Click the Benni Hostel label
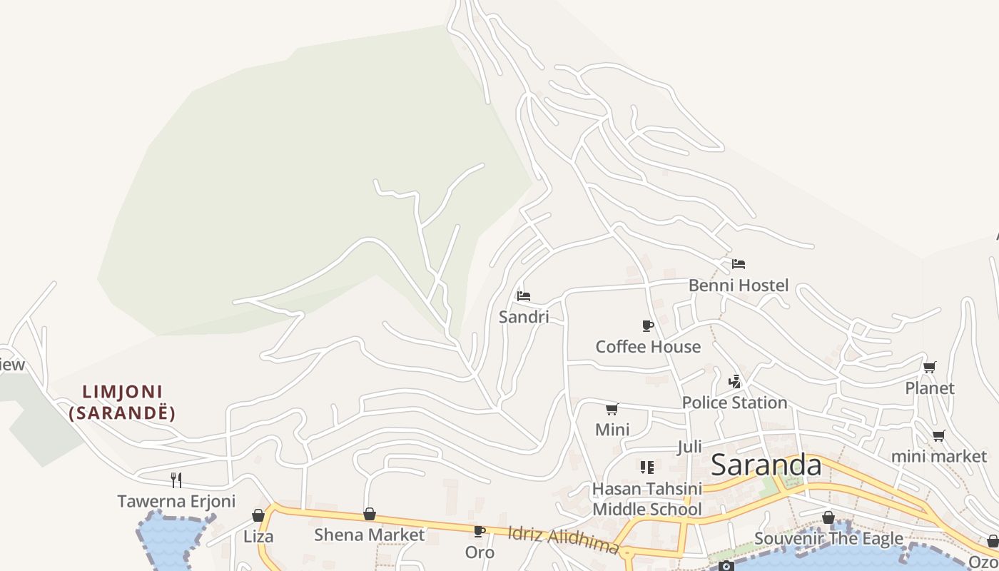tap(739, 285)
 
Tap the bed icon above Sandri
tap(524, 296)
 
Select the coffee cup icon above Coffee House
tap(648, 326)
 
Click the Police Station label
tap(734, 403)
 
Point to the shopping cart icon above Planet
tap(929, 368)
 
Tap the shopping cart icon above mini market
tap(939, 435)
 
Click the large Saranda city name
tap(766, 465)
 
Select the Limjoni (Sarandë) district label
tap(122, 402)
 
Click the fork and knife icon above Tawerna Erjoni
tap(176, 480)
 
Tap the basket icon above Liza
tap(258, 515)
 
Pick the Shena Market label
tap(369, 535)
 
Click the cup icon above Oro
tap(480, 532)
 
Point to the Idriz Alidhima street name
tap(562, 540)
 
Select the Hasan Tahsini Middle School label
tap(647, 499)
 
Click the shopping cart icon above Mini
tap(612, 409)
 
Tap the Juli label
tap(689, 447)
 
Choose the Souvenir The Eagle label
tap(828, 538)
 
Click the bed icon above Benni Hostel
tap(739, 264)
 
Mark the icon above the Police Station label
tap(735, 381)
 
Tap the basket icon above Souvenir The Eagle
tap(828, 517)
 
